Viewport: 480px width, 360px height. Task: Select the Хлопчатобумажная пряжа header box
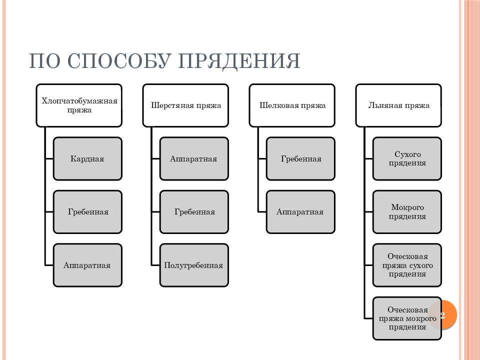coord(79,105)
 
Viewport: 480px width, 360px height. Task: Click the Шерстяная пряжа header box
coord(186,105)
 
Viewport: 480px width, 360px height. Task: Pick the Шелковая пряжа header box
coord(292,105)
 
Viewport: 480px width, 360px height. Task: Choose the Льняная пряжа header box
coord(398,105)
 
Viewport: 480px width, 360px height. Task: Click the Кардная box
coord(88,158)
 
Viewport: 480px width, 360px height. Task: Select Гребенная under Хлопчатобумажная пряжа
coord(88,212)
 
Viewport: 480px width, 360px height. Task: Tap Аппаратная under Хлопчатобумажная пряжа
coord(88,265)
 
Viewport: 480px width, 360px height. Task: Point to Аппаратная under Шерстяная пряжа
coord(194,158)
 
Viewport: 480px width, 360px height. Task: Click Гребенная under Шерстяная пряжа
coord(194,212)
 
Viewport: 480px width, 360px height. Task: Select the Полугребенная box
coord(194,265)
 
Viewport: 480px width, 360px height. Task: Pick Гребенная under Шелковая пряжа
coord(301,158)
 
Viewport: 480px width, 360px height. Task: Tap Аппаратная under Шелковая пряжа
coord(301,212)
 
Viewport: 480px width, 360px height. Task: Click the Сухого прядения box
coord(407,158)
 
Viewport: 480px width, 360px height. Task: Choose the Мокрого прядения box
coord(407,212)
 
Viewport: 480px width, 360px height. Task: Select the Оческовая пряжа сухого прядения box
coord(407,265)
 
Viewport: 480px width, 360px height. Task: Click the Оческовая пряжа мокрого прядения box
coord(407,318)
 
